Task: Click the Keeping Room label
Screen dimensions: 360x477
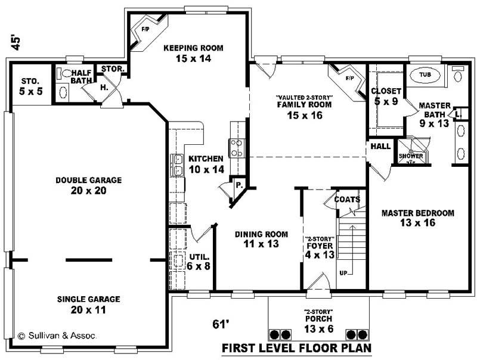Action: pyautogui.click(x=184, y=53)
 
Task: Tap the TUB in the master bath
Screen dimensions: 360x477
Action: pyautogui.click(x=425, y=75)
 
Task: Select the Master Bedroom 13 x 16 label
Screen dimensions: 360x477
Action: pyautogui.click(x=417, y=218)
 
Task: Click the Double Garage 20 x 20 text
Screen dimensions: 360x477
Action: pyautogui.click(x=88, y=185)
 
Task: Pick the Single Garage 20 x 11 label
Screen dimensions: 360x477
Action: pyautogui.click(x=88, y=304)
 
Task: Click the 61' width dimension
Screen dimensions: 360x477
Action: pyautogui.click(x=221, y=324)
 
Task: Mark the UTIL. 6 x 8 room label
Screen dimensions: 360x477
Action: pyautogui.click(x=199, y=261)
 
